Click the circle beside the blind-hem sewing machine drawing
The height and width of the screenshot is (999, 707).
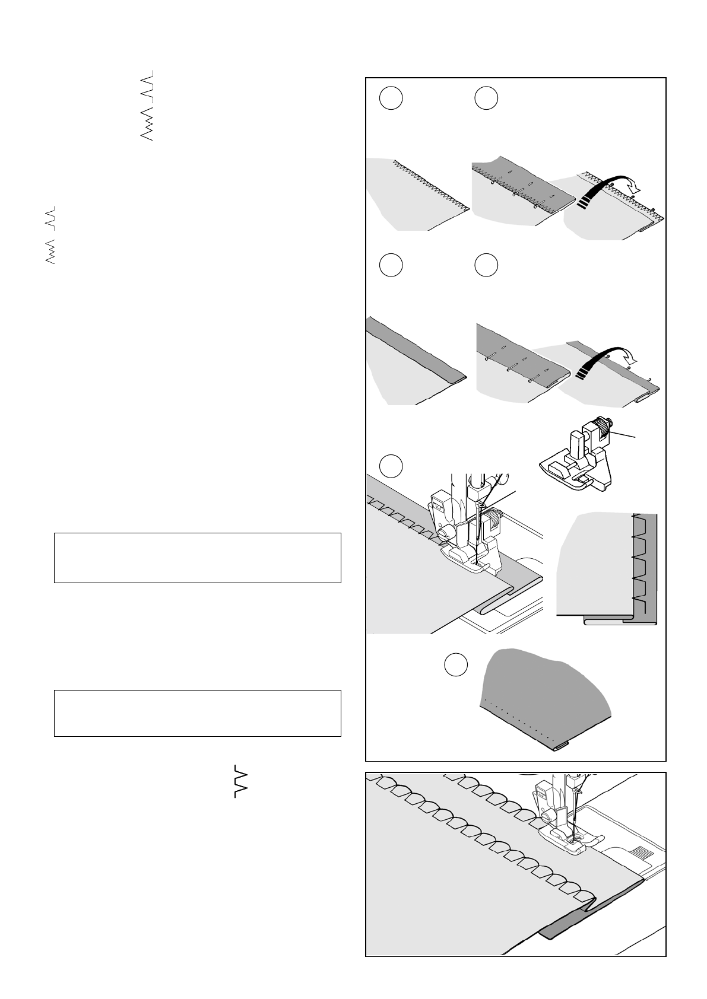tap(391, 466)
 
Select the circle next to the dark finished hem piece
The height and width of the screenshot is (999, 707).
tap(456, 664)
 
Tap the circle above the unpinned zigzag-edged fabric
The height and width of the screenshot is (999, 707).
tap(391, 98)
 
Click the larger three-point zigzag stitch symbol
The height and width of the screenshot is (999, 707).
tap(147, 126)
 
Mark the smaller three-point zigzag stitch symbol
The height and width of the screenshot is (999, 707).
tap(50, 252)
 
